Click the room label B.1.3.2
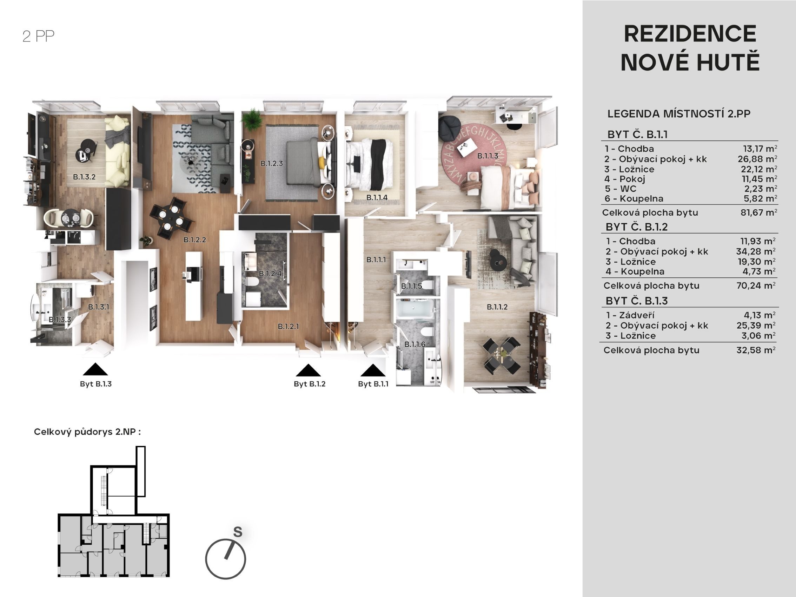tap(84, 177)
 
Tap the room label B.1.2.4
tap(270, 274)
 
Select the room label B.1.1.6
tap(415, 345)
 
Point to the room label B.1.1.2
tap(497, 307)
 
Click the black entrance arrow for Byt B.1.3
tap(95, 370)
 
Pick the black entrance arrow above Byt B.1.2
tap(309, 370)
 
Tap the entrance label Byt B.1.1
tap(373, 384)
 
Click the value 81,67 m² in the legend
tap(758, 212)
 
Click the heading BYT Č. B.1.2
tap(637, 227)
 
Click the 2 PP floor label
tap(39, 37)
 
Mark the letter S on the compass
tap(238, 532)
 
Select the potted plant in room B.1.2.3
tap(252, 118)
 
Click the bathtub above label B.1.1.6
tap(414, 310)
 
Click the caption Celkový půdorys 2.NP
tap(87, 432)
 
